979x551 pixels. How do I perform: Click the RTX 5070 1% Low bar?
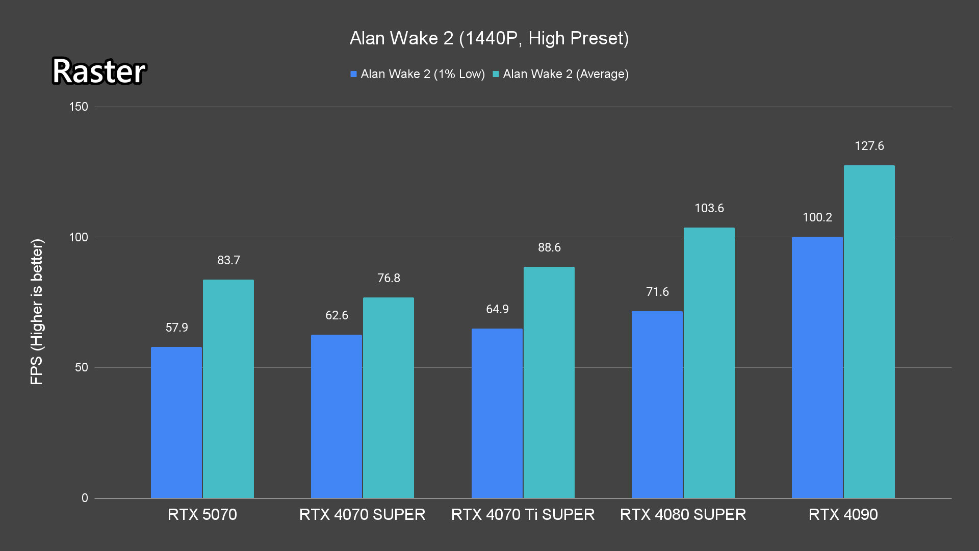176,422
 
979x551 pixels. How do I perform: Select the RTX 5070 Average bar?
228,389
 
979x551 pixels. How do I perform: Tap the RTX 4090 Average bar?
869,332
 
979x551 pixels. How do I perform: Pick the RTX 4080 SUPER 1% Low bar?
657,405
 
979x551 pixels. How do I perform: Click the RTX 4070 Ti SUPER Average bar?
549,382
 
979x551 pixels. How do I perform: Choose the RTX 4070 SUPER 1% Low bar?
337,416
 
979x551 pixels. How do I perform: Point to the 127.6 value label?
869,146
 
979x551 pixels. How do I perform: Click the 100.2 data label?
817,217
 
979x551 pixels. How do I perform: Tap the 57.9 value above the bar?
176,328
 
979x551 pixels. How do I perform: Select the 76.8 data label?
389,278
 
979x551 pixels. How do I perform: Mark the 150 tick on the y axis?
79,107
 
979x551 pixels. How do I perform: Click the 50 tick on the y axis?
82,367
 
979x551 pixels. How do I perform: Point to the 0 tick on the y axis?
85,498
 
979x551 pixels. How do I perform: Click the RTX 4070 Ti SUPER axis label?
523,514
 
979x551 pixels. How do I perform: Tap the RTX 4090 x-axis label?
843,514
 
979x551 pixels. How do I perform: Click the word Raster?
99,71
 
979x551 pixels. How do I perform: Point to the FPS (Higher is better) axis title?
37,311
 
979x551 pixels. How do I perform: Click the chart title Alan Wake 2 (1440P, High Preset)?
489,38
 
